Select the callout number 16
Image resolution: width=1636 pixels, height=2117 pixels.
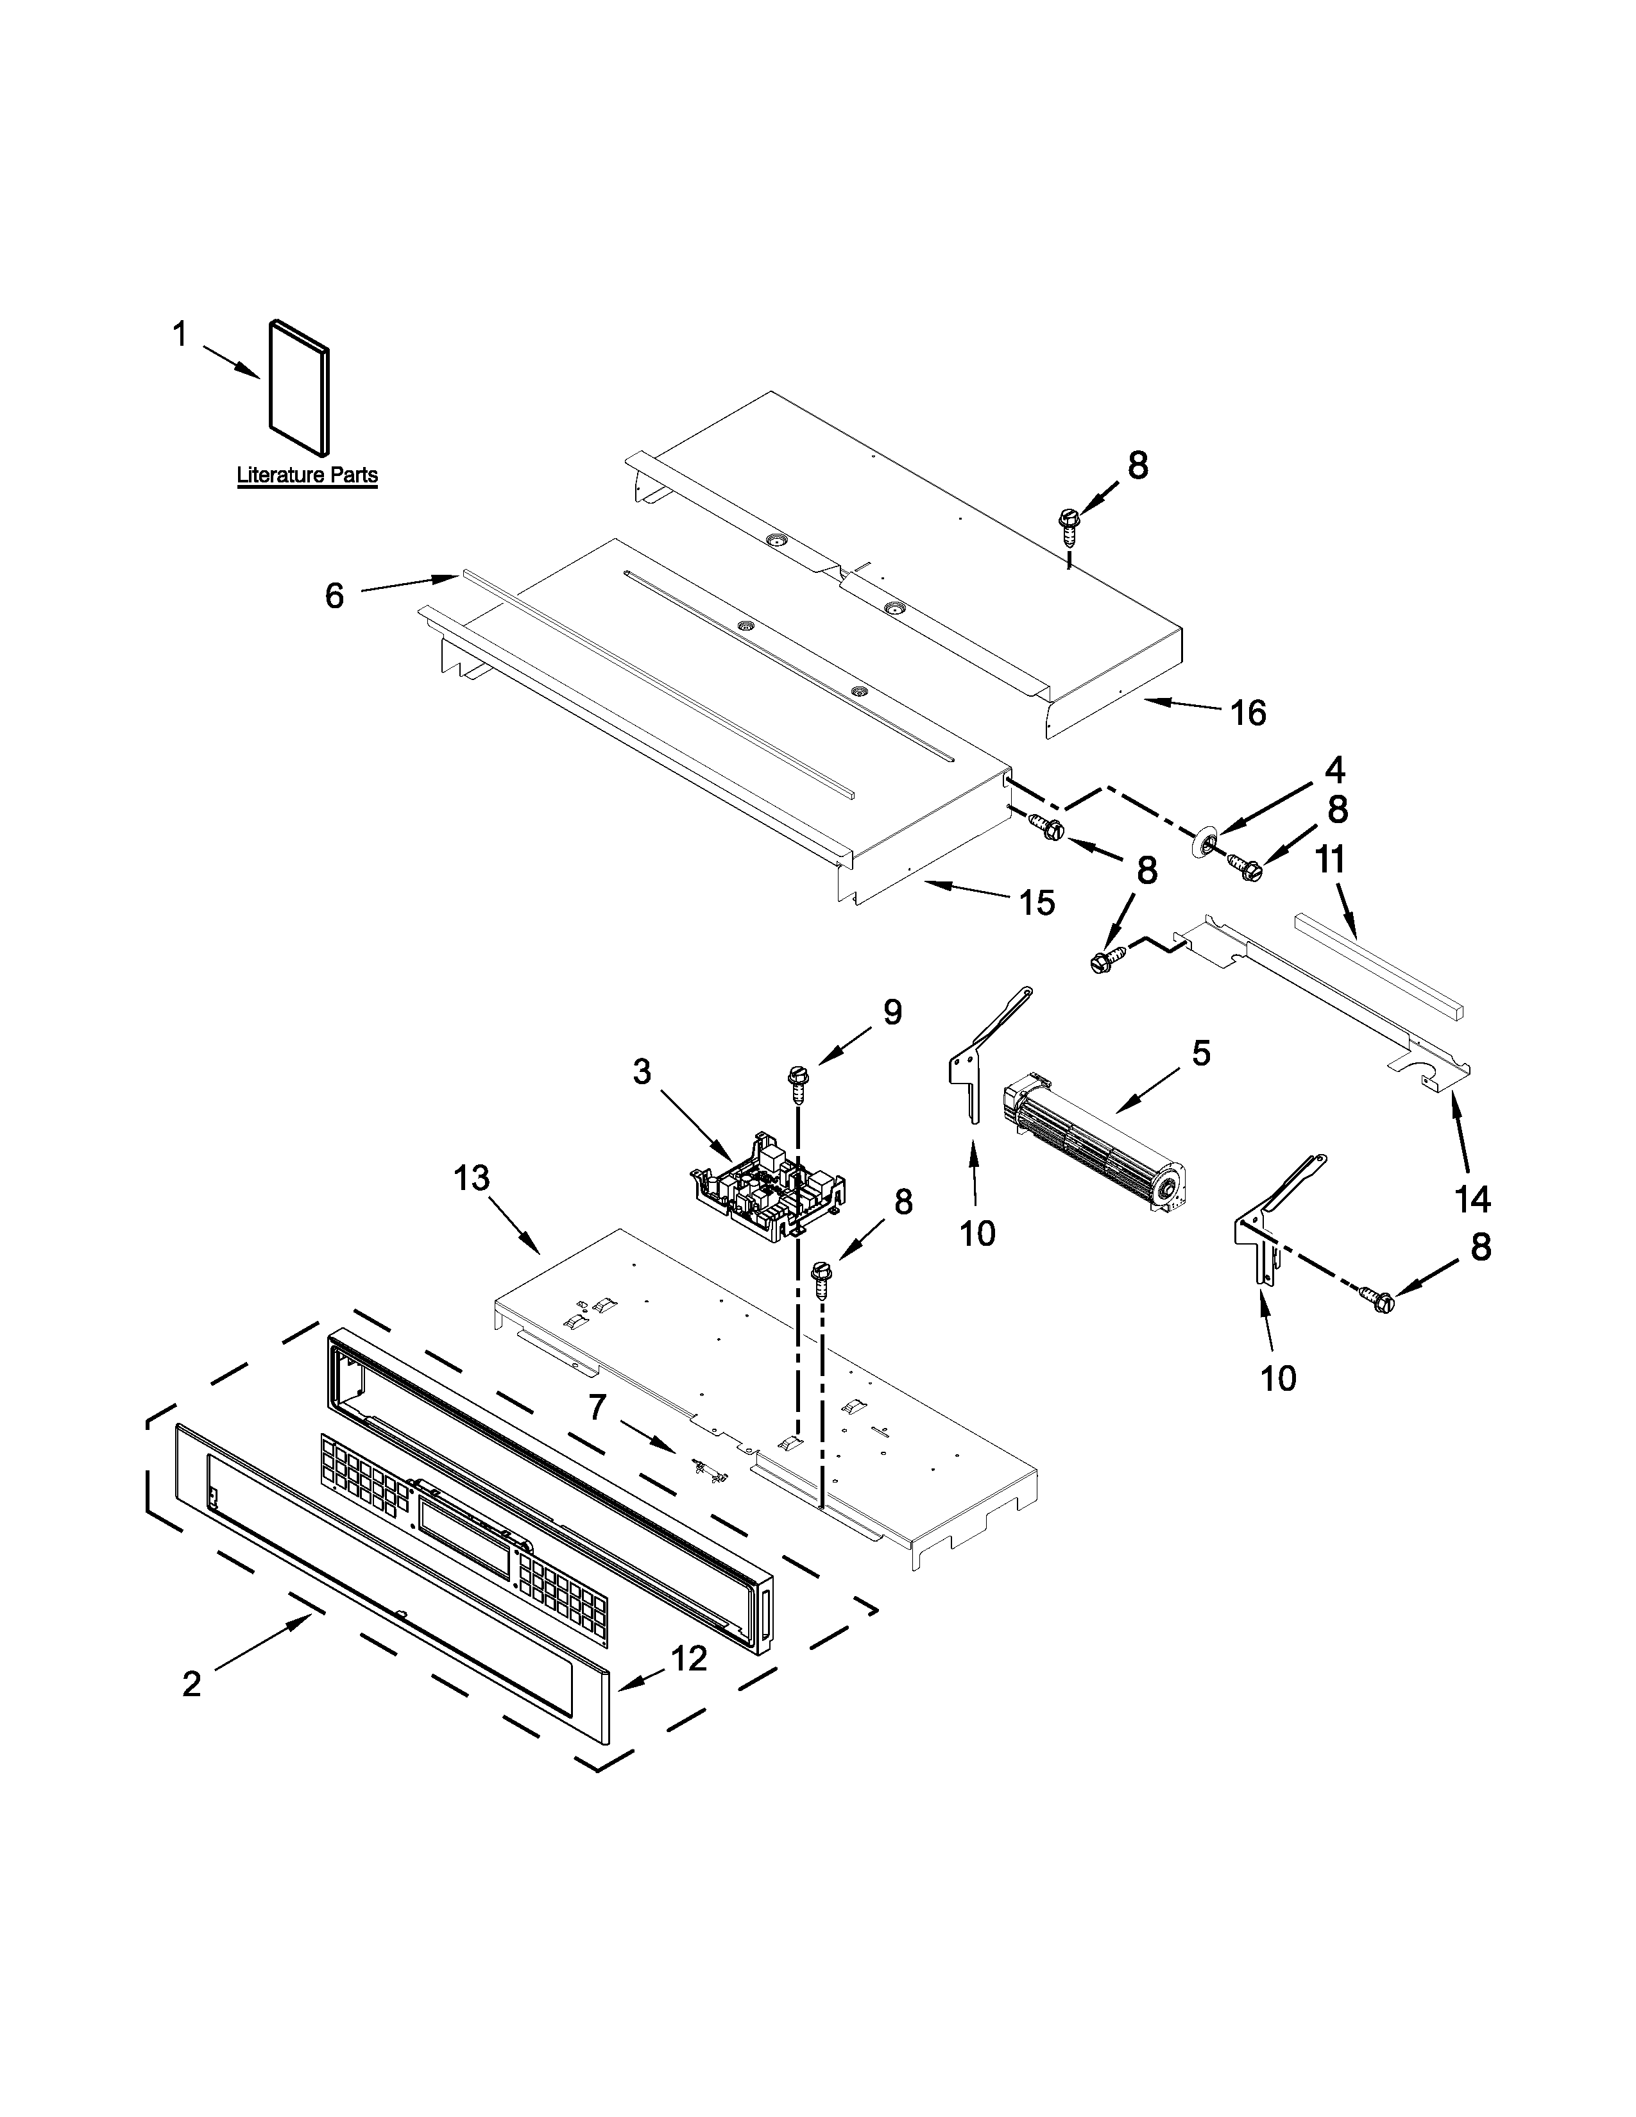click(1248, 713)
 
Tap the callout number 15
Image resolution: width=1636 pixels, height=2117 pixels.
click(1036, 903)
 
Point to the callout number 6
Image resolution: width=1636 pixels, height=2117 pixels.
click(334, 595)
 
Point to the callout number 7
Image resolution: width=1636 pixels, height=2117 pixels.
click(598, 1406)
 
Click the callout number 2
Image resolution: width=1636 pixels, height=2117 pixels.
click(192, 1684)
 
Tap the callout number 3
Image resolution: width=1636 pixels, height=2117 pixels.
click(642, 1072)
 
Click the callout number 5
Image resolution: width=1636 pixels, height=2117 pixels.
click(1201, 1053)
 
